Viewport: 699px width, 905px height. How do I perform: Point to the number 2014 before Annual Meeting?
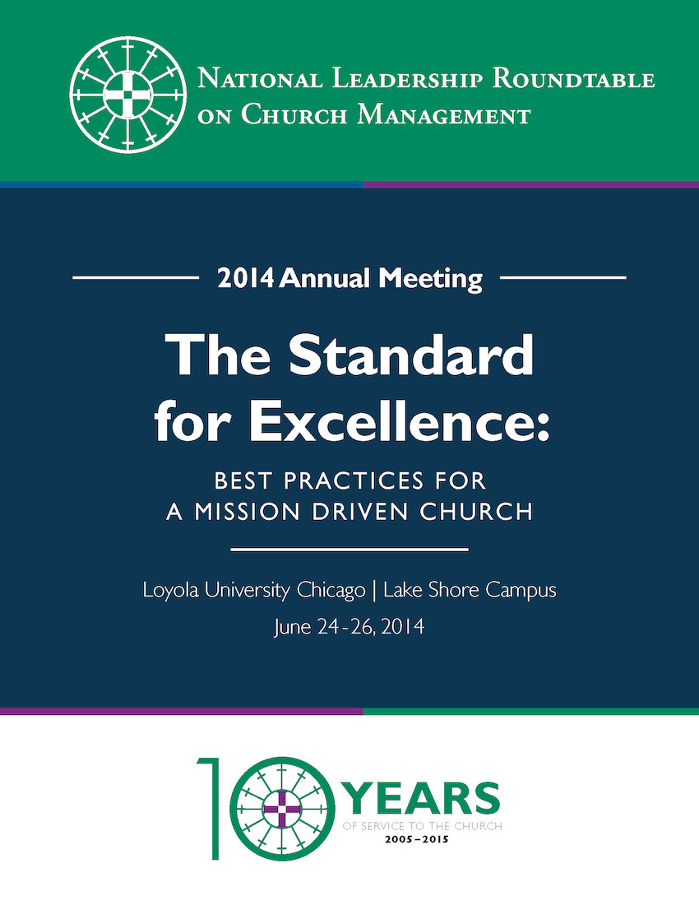click(x=245, y=279)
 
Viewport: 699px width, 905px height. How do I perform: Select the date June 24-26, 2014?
click(x=349, y=628)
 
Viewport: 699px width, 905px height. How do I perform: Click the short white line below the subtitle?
click(x=349, y=549)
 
